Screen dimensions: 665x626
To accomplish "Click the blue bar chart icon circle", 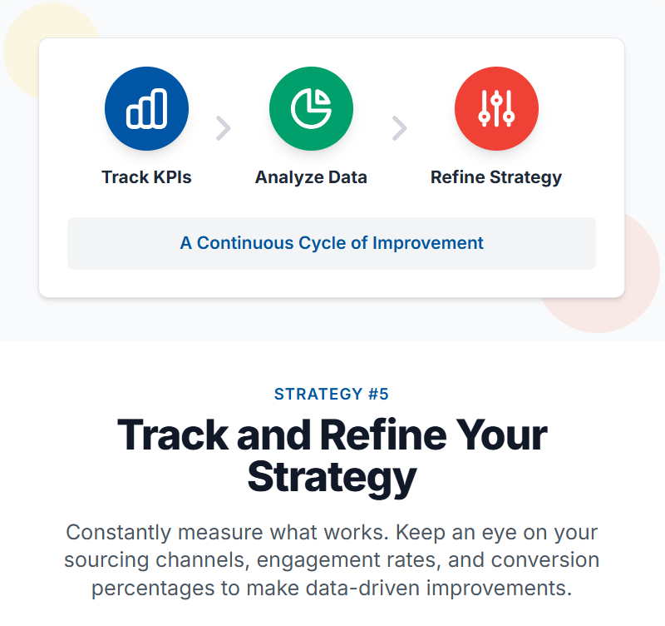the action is [x=147, y=109].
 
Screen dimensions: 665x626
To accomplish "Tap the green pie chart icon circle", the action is [x=311, y=109].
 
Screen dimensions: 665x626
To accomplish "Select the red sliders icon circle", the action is [x=496, y=109].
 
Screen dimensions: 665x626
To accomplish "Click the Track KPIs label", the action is [x=147, y=177].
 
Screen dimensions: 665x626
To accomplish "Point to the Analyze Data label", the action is [x=311, y=177].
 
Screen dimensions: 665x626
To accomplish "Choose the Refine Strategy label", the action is [x=496, y=177].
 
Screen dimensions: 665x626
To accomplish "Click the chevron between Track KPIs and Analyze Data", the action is [x=224, y=128].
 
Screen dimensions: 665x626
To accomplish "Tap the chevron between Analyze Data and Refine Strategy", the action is [x=400, y=128].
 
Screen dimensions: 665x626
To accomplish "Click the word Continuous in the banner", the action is [x=245, y=243].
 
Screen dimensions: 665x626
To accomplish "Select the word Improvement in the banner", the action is [x=428, y=243].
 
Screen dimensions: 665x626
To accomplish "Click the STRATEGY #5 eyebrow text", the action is [x=332, y=394].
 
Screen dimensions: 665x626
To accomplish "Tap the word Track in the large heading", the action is [x=173, y=435].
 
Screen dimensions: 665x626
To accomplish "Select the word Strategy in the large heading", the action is [x=332, y=479].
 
